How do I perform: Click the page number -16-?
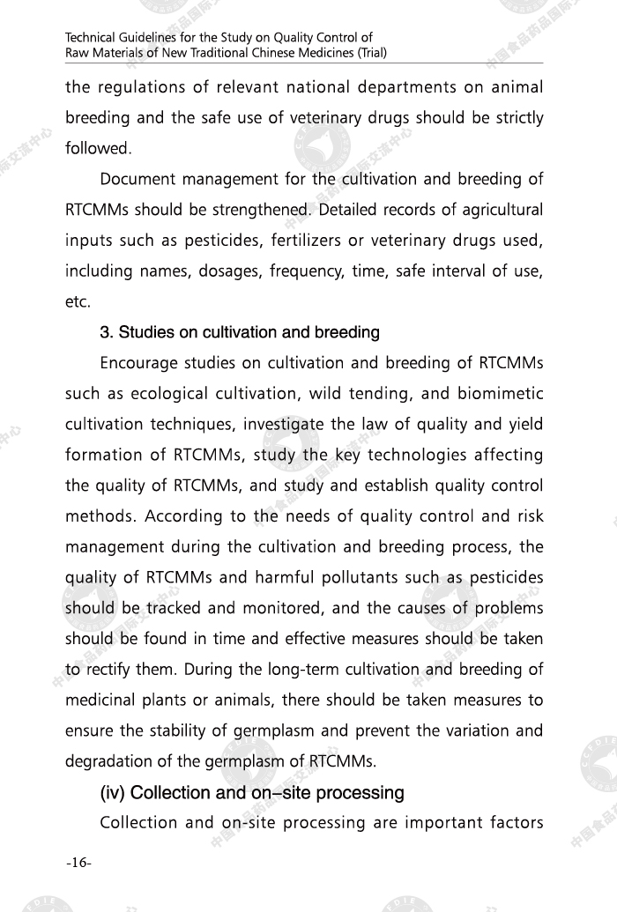[x=78, y=862]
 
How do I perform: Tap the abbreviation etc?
[x=78, y=302]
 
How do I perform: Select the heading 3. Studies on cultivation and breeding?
[x=240, y=333]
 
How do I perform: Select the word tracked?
[x=175, y=608]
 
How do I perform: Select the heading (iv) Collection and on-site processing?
[x=253, y=793]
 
